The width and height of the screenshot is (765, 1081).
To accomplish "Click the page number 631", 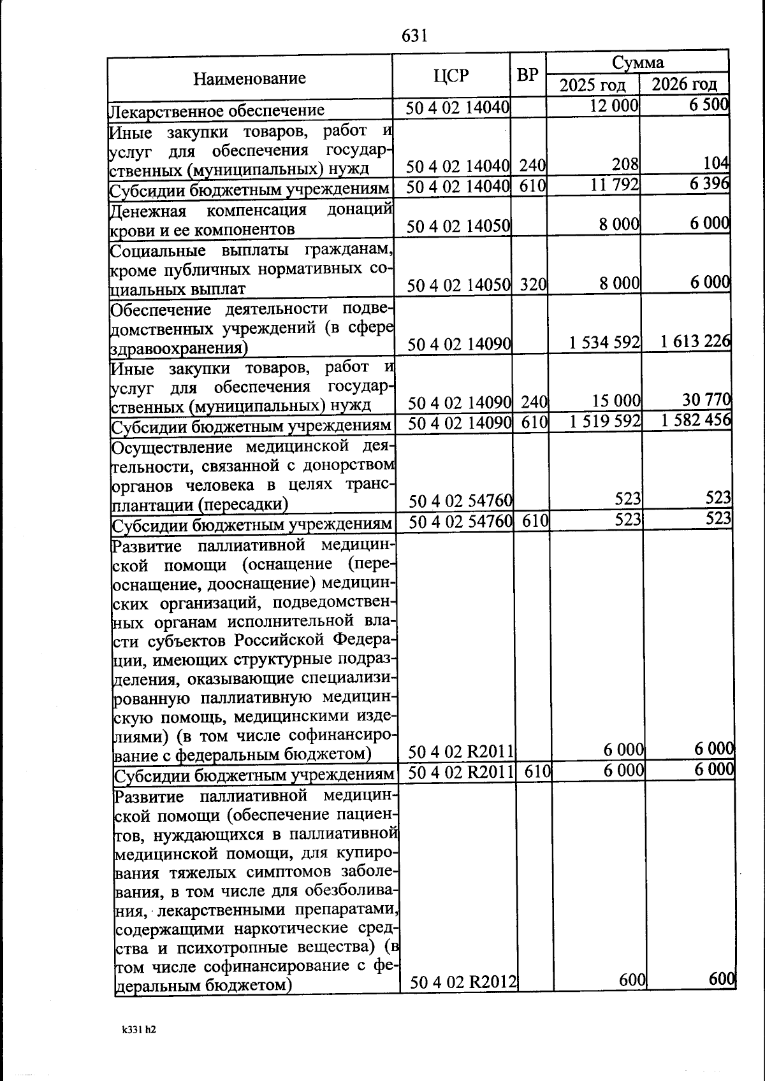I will pyautogui.click(x=414, y=36).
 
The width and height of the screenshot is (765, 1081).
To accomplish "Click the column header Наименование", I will pyautogui.click(x=249, y=78).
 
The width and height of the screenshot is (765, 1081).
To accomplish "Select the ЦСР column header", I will pyautogui.click(x=451, y=76).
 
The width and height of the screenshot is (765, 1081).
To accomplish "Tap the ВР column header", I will pyautogui.click(x=527, y=76).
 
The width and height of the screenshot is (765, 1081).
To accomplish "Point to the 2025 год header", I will pyautogui.click(x=592, y=85).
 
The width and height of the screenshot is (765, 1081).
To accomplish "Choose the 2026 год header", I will pyautogui.click(x=685, y=84).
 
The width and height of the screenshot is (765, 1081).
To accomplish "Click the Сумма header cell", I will pyautogui.click(x=637, y=62).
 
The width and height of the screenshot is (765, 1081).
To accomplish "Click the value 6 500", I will pyautogui.click(x=708, y=104).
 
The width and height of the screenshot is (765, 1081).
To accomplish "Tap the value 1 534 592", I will pyautogui.click(x=604, y=343).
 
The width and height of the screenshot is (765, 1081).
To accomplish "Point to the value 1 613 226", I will pyautogui.click(x=695, y=341).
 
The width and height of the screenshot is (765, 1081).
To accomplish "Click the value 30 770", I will pyautogui.click(x=706, y=399).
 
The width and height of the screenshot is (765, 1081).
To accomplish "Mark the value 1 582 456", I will pyautogui.click(x=696, y=420).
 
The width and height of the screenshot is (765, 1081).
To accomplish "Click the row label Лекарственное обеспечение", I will pyautogui.click(x=217, y=110).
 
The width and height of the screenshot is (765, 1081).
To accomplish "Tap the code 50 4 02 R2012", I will pyautogui.click(x=463, y=982).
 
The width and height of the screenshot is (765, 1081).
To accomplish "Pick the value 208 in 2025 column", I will pyautogui.click(x=625, y=164).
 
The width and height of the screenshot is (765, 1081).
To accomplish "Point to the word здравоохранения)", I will pyautogui.click(x=179, y=348).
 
